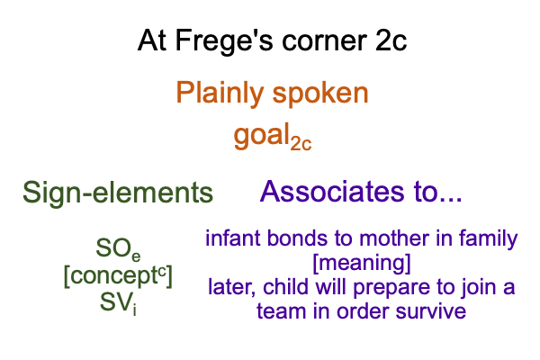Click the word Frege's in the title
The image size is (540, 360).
224,41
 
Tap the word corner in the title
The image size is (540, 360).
324,40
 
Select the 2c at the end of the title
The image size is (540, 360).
391,40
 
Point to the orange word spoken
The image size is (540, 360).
320,94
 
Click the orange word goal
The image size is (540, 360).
261,135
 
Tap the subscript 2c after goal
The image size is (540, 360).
301,143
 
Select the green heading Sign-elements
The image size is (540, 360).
118,193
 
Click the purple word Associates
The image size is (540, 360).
331,192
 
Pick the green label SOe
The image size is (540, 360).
118,248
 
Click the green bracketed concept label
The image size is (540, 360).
118,276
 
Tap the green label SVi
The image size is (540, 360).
118,303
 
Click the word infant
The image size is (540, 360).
233,238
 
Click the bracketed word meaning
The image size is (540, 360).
362,264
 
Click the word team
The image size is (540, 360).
281,311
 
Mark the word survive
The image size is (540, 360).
430,311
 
